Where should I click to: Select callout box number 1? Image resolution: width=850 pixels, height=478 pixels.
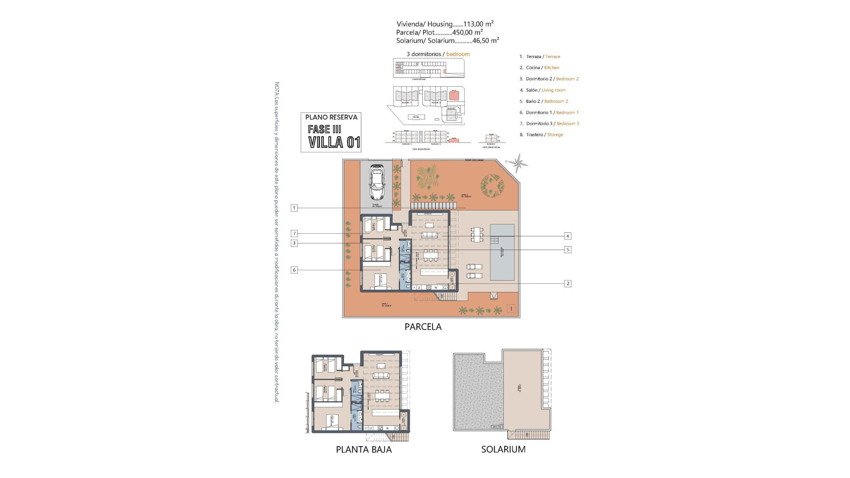tap(294, 208)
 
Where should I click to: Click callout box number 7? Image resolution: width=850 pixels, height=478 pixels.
tap(294, 234)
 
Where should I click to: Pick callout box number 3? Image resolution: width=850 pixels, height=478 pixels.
tap(294, 243)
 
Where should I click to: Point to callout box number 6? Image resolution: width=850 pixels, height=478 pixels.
tap(294, 270)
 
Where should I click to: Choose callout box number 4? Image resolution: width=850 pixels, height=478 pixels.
tap(568, 236)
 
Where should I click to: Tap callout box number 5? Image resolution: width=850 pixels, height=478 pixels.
tap(568, 250)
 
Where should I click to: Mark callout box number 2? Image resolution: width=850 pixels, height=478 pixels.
tap(568, 283)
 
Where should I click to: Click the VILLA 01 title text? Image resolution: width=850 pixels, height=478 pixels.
tap(334, 143)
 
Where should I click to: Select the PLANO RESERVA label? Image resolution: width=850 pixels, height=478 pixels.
tap(331, 117)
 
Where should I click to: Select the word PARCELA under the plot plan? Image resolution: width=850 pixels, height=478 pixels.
tap(423, 327)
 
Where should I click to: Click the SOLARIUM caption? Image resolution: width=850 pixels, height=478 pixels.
tap(503, 449)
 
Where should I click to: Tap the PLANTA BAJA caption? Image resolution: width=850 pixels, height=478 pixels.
tap(363, 450)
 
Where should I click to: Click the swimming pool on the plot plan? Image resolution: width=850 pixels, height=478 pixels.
tap(502, 252)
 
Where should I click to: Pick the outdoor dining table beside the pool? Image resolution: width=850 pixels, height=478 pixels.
tap(477, 234)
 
